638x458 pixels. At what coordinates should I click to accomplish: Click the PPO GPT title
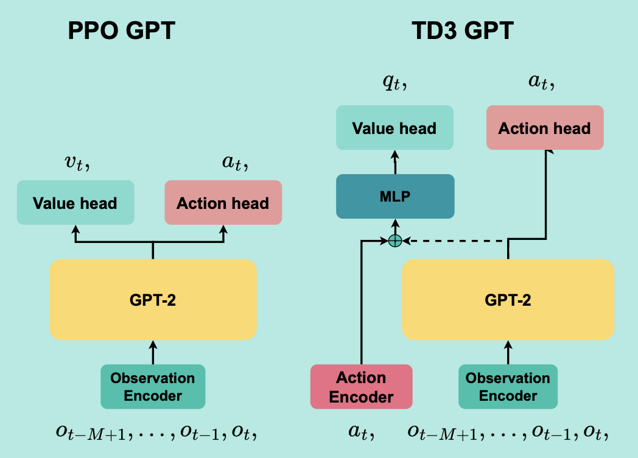122,30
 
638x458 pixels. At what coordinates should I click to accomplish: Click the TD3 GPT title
463,30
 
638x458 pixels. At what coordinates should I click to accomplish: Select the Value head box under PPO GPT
75,202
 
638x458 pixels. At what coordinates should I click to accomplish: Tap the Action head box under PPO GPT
223,202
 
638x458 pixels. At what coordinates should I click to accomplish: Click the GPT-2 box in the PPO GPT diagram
153,299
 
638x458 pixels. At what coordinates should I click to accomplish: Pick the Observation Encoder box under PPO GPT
153,386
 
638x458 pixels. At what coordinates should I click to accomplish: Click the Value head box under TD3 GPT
394,128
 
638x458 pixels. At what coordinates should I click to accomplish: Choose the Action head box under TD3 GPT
544,128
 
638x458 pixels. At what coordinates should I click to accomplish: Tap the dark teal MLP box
395,196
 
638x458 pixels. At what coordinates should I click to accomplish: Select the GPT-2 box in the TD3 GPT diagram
508,299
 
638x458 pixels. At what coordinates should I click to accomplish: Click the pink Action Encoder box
362,387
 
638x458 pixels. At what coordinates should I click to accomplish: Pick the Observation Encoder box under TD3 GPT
508,386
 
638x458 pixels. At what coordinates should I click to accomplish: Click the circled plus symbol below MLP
395,241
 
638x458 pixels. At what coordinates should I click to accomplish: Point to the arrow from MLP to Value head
395,162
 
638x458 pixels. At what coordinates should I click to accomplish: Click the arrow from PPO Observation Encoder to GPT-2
153,352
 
